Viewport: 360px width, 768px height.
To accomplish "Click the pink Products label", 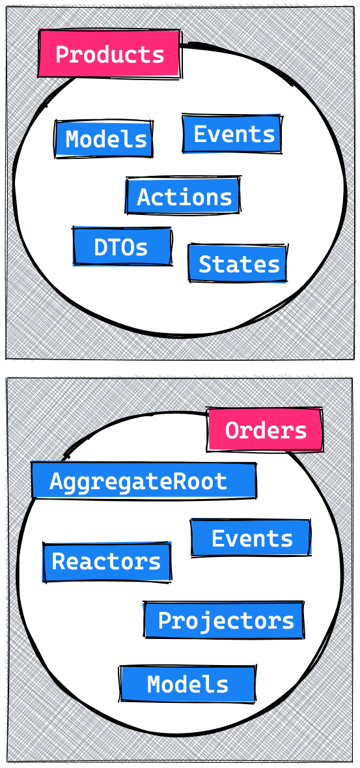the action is [110, 54].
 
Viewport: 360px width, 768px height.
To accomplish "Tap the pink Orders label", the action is [265, 429].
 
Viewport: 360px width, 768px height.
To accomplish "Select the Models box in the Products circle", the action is [104, 139].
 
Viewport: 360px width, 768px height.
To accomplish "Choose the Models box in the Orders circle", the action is [187, 684].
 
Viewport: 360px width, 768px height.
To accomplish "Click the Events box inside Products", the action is [232, 134].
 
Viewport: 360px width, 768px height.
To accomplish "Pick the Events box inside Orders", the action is [251, 538].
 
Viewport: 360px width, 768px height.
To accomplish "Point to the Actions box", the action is [183, 196].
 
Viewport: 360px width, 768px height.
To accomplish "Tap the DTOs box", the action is [122, 246].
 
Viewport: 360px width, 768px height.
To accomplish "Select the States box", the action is [238, 264].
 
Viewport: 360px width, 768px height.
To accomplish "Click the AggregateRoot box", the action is [144, 481].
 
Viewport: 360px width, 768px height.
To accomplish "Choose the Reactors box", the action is [107, 562].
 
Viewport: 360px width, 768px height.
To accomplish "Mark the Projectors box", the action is [225, 620].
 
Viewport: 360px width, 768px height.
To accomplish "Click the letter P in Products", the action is [62, 54].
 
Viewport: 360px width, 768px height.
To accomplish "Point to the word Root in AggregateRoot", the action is [204, 481].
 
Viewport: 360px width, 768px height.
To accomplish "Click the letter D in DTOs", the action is [100, 248].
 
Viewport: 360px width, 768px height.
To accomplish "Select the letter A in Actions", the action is [143, 197].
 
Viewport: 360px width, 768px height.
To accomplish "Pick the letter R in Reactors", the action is [58, 562].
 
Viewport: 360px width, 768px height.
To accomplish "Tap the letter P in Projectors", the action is [165, 621].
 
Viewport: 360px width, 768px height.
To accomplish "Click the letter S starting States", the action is [205, 264].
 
